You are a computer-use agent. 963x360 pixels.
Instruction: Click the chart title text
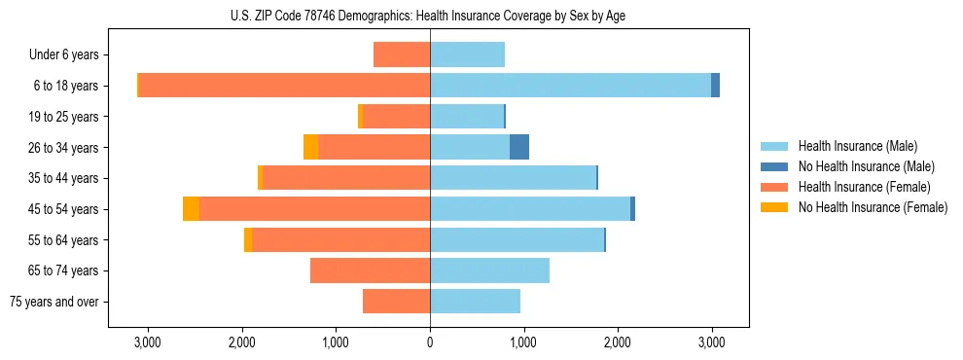(x=428, y=16)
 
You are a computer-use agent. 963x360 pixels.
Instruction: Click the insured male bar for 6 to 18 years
(x=570, y=86)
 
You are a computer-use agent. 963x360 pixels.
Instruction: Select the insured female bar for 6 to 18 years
(x=284, y=86)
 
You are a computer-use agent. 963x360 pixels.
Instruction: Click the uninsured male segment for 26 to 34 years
(x=519, y=147)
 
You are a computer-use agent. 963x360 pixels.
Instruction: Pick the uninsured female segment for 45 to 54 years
(x=191, y=209)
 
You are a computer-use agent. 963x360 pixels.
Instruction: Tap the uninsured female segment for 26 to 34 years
(x=310, y=147)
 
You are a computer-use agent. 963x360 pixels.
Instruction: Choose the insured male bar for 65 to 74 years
(x=489, y=270)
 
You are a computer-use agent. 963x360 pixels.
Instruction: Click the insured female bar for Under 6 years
(x=402, y=54)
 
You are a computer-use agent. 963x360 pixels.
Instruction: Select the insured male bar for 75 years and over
(x=475, y=302)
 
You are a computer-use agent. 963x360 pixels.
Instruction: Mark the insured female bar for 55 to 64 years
(x=340, y=239)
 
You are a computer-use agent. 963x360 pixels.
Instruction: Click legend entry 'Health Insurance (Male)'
(x=857, y=146)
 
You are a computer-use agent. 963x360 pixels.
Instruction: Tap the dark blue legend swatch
(x=775, y=166)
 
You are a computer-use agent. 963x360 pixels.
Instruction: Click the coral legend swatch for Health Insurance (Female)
(x=775, y=187)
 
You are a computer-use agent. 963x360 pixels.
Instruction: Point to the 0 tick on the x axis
(x=430, y=342)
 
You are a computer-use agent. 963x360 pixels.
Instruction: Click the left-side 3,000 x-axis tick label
(x=148, y=342)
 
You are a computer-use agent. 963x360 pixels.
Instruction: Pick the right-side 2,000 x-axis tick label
(x=618, y=342)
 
